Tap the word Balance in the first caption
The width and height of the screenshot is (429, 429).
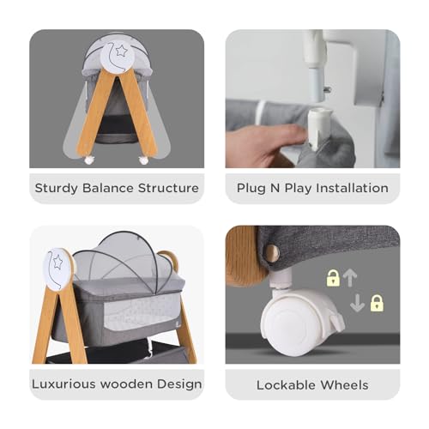(x=107, y=188)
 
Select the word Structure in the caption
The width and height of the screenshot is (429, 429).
(x=166, y=188)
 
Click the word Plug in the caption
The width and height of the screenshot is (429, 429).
(x=251, y=188)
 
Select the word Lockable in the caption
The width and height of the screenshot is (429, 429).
(x=282, y=384)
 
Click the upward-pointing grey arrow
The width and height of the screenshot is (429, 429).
(x=350, y=276)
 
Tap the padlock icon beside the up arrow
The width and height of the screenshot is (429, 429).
(x=333, y=277)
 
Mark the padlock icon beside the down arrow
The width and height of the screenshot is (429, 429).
(x=376, y=303)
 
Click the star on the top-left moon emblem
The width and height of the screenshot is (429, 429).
(x=122, y=51)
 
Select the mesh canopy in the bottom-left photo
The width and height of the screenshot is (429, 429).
(x=125, y=257)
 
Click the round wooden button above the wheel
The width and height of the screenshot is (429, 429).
(x=272, y=251)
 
